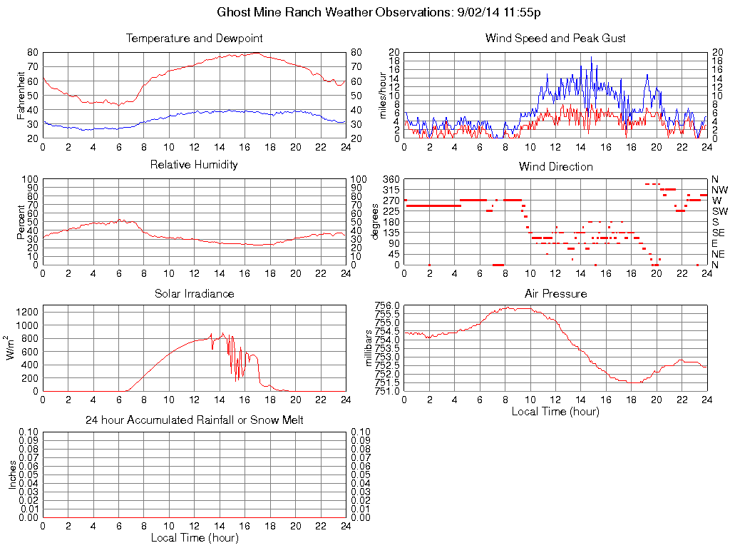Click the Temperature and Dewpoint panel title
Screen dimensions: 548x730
tap(194, 38)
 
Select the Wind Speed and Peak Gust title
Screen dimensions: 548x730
tap(555, 38)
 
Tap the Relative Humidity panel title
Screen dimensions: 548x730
tap(194, 165)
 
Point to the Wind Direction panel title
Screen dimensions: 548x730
tap(555, 166)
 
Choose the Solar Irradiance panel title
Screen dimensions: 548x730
tap(194, 293)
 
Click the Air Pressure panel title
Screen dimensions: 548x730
tap(555, 293)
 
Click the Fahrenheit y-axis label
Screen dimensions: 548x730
tap(21, 96)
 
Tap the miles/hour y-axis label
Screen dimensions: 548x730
tap(383, 96)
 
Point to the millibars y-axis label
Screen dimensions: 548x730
tap(369, 348)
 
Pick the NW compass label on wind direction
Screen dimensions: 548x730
tap(719, 190)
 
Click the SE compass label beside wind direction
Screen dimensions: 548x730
tap(719, 233)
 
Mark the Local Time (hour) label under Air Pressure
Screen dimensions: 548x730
tap(555, 412)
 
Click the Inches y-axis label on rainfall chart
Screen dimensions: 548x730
tap(12, 475)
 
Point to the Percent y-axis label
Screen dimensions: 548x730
tap(21, 221)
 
